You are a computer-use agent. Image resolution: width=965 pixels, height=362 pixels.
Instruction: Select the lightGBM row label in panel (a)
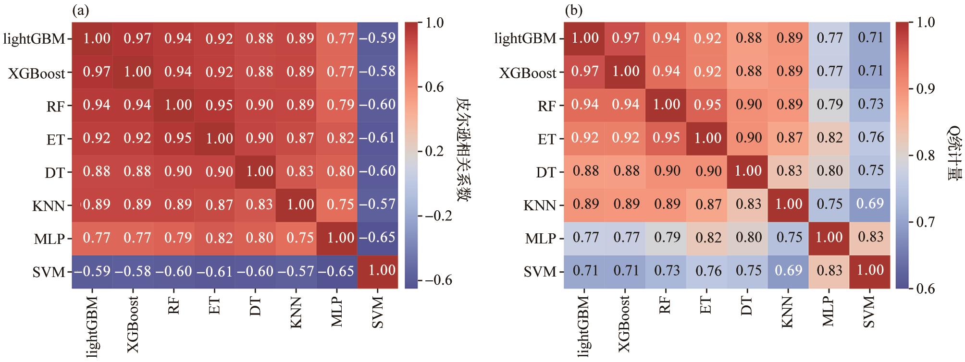point(34,38)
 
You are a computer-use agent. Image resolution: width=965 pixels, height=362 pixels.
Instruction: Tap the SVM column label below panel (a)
point(378,313)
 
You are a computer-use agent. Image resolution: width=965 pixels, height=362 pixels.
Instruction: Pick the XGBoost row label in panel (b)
point(528,73)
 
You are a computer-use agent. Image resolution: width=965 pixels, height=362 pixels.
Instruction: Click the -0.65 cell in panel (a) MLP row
point(378,238)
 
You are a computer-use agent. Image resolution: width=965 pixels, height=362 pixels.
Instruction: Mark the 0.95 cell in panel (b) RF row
point(707,105)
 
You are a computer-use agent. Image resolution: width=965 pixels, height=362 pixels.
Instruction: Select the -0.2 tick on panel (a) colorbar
point(437,216)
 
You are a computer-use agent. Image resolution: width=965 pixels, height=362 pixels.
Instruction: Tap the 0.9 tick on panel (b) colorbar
point(926,89)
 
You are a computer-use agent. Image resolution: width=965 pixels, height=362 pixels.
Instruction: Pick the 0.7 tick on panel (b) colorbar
point(926,222)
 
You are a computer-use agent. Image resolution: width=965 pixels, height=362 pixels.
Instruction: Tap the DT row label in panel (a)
point(55,172)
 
